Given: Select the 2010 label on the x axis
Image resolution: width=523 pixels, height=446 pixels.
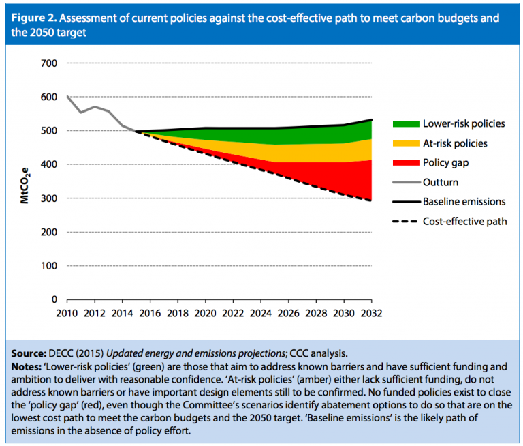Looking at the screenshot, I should (x=67, y=314).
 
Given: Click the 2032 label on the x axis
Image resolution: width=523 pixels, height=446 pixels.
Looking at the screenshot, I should (x=371, y=314).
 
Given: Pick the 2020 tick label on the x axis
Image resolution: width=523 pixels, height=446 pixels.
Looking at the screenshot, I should (x=205, y=314).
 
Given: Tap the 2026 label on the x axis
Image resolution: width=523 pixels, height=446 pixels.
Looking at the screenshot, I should (x=288, y=314).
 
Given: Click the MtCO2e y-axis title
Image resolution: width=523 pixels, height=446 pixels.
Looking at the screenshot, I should (x=27, y=181).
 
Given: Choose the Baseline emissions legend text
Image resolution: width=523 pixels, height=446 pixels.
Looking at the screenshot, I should (x=464, y=203).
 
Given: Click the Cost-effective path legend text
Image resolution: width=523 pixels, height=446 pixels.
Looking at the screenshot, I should (x=464, y=222).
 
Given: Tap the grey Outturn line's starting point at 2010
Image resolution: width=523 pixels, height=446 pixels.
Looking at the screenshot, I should (x=67, y=96).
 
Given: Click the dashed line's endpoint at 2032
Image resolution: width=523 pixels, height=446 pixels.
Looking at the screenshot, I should (x=371, y=200).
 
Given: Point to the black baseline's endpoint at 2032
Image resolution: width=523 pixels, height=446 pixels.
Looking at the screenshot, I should (x=371, y=120).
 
